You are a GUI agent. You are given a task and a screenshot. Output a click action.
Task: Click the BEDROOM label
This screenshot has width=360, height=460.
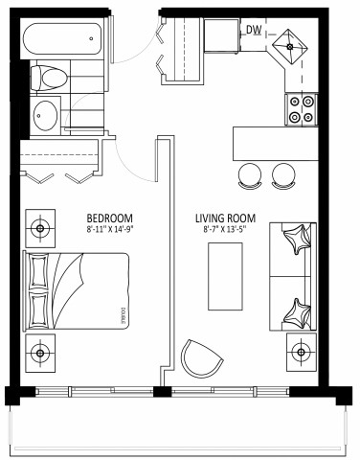[108, 217]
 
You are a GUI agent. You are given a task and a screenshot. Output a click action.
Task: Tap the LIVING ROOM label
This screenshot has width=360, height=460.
[225, 217]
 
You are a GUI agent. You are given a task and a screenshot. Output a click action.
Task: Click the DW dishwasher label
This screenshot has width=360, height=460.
[254, 31]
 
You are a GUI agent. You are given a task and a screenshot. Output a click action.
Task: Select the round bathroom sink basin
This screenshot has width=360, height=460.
[46, 116]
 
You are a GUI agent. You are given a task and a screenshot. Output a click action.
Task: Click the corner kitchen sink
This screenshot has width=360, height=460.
[288, 44]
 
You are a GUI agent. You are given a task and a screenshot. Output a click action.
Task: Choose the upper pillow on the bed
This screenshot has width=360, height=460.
[40, 273]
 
